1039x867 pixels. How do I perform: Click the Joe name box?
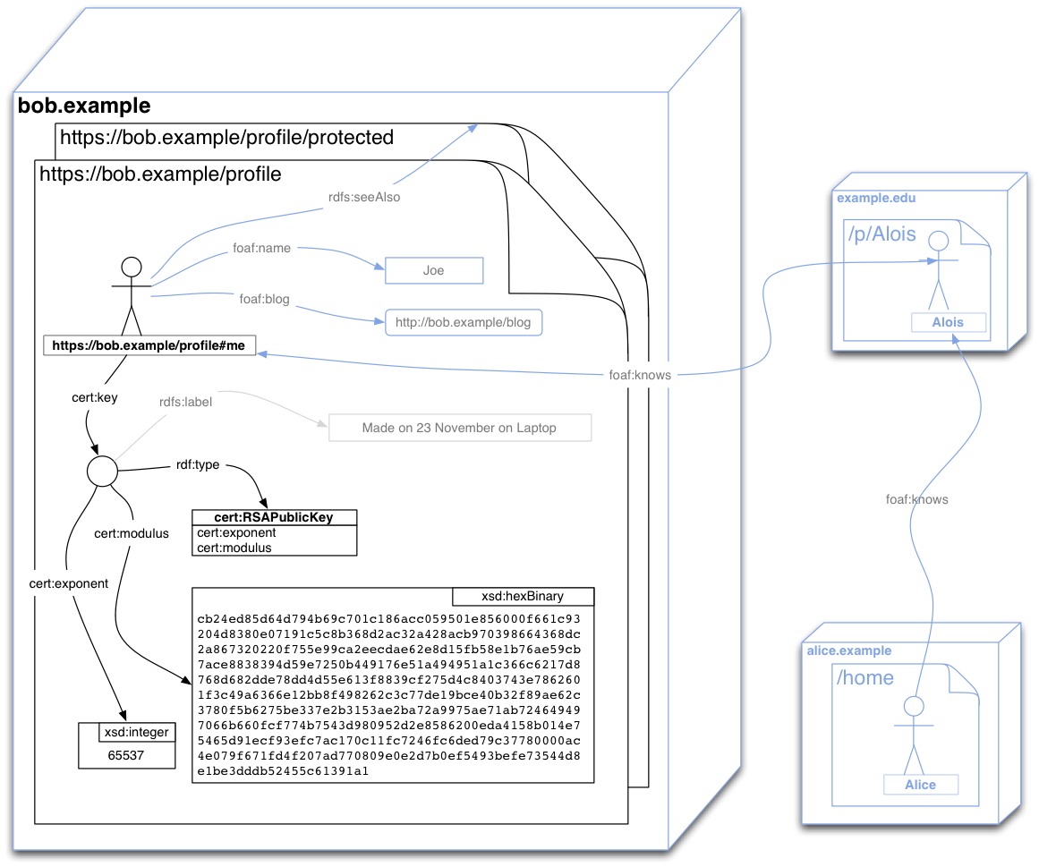pos(434,270)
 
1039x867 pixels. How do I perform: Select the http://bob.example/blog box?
pos(464,322)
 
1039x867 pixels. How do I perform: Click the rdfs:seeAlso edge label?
pos(364,198)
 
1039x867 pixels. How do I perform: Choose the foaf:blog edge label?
pos(264,299)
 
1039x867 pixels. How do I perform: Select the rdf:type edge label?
pos(198,465)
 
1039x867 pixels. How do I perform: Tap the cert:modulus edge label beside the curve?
pos(132,533)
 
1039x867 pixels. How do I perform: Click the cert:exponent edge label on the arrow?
pos(68,583)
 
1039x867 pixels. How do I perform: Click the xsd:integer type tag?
pos(134,733)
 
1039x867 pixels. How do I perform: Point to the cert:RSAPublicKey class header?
pos(274,518)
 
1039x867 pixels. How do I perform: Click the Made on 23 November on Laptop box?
pos(459,428)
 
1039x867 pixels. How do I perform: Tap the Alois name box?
pos(950,322)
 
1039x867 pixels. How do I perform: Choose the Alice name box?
pos(920,785)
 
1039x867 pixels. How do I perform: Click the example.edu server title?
pos(877,198)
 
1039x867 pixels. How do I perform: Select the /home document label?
pos(865,677)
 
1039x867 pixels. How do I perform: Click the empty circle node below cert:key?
pos(102,471)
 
